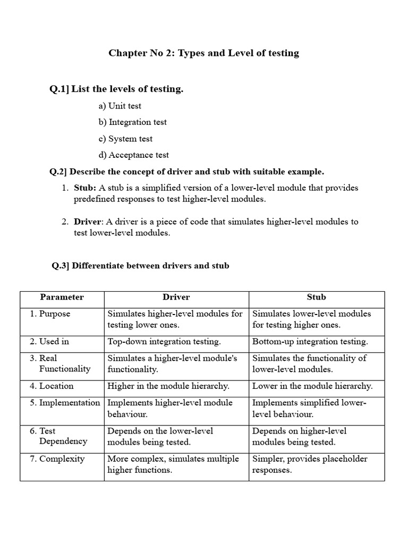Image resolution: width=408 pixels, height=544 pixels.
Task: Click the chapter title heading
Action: point(203,53)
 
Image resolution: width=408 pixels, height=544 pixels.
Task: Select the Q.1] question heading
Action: point(116,89)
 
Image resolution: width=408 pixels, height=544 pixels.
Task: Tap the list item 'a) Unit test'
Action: point(120,106)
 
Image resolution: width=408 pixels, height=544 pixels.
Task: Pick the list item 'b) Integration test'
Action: point(132,122)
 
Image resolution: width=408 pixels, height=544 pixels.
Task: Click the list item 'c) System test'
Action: point(125,139)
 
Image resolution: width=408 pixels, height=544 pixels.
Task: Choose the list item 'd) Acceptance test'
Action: point(133,155)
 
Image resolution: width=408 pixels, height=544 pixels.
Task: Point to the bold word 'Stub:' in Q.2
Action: point(85,188)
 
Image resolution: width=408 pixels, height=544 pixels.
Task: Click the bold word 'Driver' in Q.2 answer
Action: point(87,222)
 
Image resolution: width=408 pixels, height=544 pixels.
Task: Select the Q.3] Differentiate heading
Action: point(140,265)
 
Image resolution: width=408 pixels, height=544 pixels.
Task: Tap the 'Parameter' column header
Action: point(62,297)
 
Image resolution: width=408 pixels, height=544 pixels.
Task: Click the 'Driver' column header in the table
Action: point(176,297)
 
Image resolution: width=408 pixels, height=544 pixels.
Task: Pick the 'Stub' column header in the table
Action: point(316,297)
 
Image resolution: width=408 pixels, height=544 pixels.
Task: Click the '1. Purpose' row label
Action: point(50,314)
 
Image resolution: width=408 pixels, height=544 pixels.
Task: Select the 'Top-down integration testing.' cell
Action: point(164,342)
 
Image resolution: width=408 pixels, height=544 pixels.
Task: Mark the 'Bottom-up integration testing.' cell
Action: point(310,342)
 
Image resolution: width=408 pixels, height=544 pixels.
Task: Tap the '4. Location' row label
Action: point(52,386)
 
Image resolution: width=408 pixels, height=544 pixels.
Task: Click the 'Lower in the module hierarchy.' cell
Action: point(312,386)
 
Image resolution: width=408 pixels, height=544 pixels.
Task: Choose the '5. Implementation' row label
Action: point(65,403)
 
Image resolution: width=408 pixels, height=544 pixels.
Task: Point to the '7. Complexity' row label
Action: point(57,459)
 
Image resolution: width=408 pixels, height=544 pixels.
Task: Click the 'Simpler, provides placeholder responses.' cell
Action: point(310,464)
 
